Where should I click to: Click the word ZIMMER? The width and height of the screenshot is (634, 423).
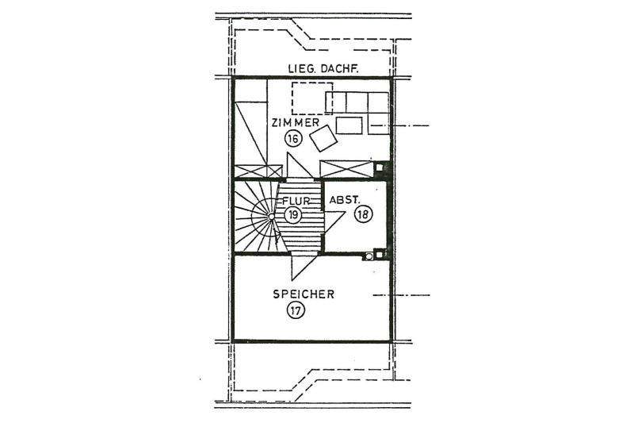(x=295, y=124)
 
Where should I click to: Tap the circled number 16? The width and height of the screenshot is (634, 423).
(x=293, y=139)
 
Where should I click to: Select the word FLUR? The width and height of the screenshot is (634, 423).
(x=293, y=202)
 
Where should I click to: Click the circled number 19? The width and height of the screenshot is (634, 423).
(x=293, y=215)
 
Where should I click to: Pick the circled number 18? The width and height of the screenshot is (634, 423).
(x=363, y=215)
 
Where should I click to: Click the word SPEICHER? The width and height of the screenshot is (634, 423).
(x=304, y=294)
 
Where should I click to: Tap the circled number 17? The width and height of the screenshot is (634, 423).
(x=296, y=310)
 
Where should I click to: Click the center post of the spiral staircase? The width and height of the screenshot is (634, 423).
(x=271, y=216)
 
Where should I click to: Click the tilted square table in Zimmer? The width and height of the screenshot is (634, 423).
(x=323, y=140)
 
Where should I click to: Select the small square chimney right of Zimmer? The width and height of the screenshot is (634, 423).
(x=380, y=167)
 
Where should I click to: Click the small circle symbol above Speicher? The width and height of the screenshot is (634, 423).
(x=368, y=256)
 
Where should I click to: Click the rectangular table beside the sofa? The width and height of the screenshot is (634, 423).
(x=348, y=125)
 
